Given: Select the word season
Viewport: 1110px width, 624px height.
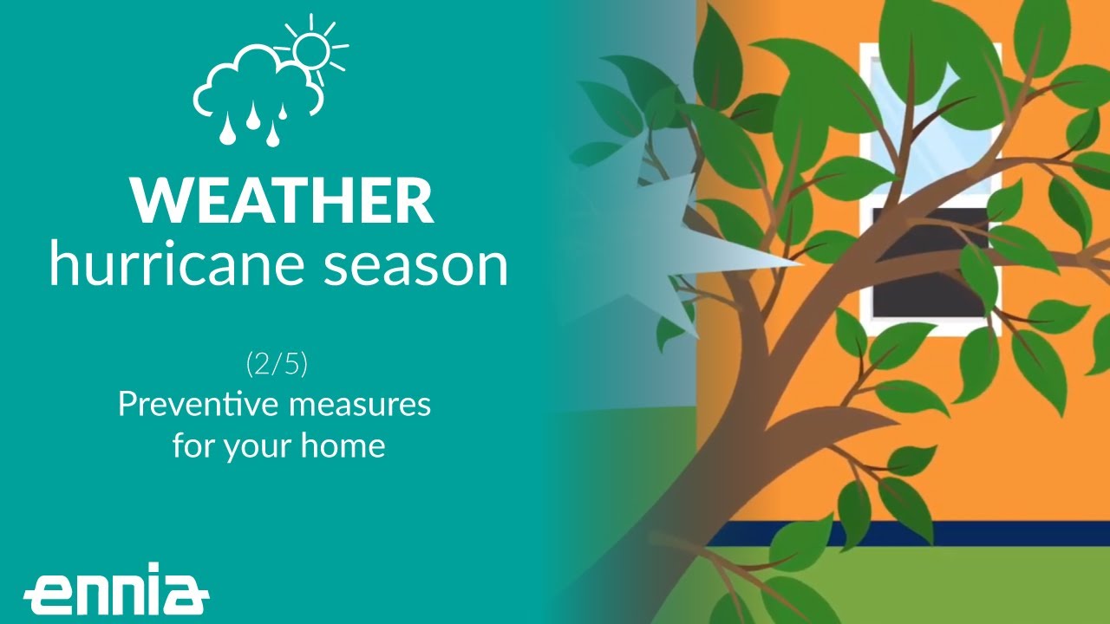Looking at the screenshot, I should (x=415, y=265).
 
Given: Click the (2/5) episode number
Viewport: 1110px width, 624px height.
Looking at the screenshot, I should (x=277, y=364).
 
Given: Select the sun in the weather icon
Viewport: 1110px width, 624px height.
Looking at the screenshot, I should (x=310, y=49).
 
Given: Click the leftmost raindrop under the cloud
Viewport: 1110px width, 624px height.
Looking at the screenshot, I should (x=227, y=131).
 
